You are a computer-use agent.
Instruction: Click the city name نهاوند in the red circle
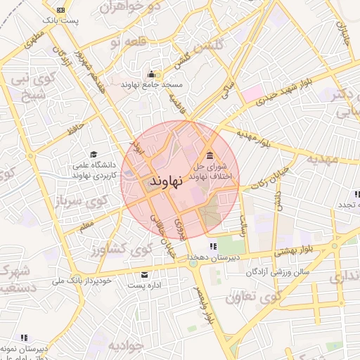pos(166,181)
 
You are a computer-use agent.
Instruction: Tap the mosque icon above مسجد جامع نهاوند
pos(150,74)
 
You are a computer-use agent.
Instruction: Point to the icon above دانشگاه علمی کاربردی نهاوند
pos(94,155)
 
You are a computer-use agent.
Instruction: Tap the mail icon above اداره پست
pos(145,274)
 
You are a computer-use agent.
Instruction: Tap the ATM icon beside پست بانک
pos(60,9)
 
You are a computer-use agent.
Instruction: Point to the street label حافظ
pos(74,129)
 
